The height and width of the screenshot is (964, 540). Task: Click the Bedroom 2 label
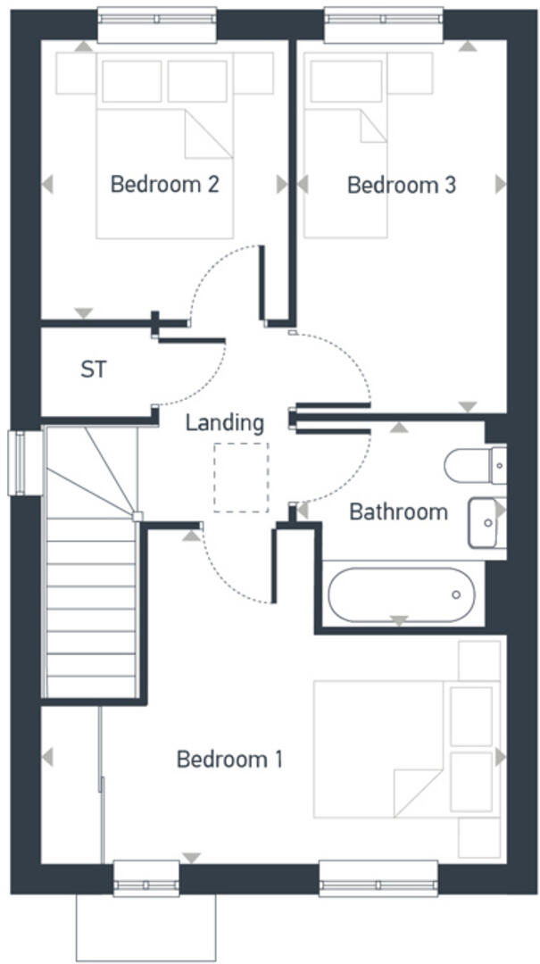(164, 185)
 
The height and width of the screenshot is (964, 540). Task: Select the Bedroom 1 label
(229, 760)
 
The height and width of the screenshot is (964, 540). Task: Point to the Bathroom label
(397, 512)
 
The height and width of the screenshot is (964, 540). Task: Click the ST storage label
(93, 370)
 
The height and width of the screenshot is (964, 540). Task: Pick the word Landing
(224, 422)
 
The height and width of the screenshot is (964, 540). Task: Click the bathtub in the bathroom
(401, 594)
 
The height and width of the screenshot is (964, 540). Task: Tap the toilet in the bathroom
(473, 465)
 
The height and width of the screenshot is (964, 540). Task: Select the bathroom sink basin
(486, 522)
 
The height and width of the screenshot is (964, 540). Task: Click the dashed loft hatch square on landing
(240, 478)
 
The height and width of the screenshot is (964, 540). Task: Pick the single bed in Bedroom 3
(347, 143)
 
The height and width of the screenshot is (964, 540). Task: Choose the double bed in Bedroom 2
(164, 143)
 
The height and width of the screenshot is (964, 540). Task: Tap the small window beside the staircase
(18, 461)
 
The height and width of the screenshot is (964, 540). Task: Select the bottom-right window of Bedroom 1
(378, 877)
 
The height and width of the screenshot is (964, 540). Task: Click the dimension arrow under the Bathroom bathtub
(399, 620)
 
